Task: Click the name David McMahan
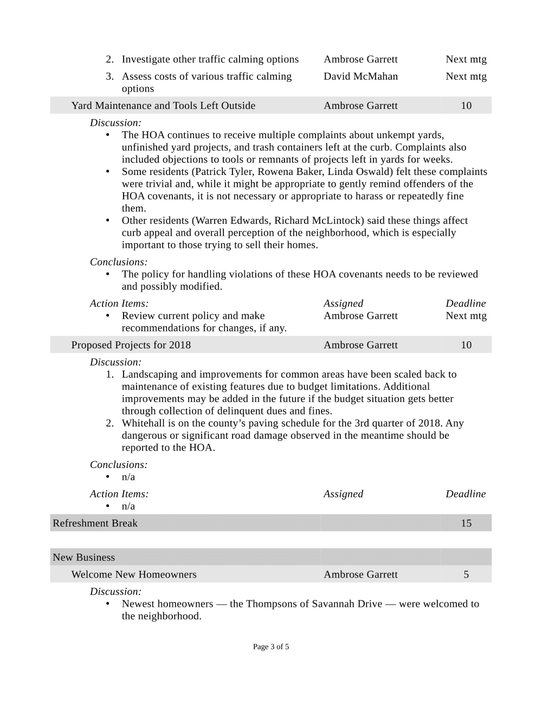click(360, 76)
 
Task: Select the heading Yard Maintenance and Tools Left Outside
click(163, 106)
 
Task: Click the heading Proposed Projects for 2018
click(131, 345)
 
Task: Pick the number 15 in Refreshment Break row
click(466, 523)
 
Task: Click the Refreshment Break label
click(95, 523)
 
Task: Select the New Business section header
click(83, 557)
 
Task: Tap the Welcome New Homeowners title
click(134, 575)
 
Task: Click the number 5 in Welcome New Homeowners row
click(466, 575)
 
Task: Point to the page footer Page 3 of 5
click(271, 647)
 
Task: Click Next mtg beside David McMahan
click(466, 76)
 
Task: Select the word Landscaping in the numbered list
click(150, 374)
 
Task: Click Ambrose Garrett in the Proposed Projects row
click(360, 345)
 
